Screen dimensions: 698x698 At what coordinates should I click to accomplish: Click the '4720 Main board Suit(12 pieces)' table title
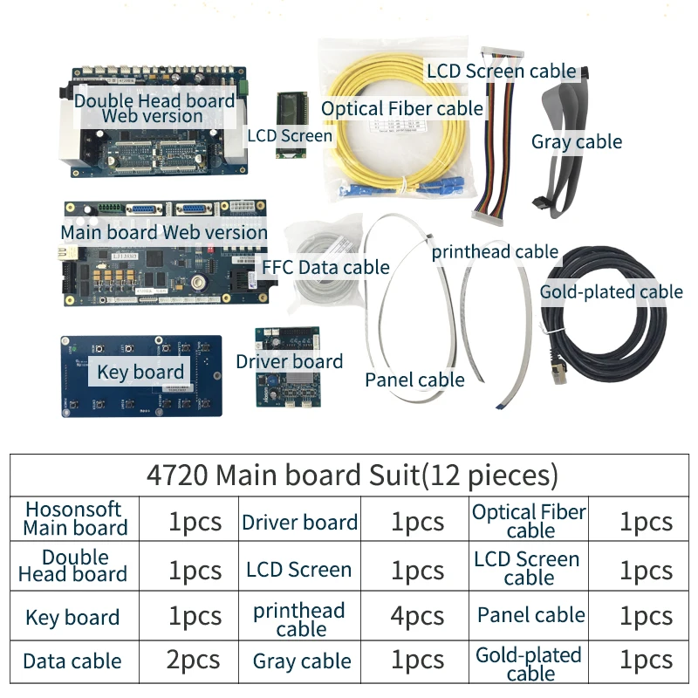click(x=351, y=476)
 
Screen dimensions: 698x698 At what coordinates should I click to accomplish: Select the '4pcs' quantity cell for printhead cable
click(x=417, y=616)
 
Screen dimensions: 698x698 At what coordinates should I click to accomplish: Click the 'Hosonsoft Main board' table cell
click(x=74, y=518)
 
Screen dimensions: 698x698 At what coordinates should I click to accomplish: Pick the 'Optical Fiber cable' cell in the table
click(x=530, y=521)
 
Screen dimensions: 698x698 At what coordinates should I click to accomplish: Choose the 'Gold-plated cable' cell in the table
click(x=530, y=663)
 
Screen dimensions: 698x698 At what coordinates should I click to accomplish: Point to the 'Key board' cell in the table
click(x=72, y=618)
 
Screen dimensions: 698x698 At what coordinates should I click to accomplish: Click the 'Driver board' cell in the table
click(x=299, y=523)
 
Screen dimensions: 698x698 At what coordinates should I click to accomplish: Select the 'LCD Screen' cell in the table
click(x=298, y=570)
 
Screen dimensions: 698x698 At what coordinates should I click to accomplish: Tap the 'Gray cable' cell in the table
click(x=302, y=662)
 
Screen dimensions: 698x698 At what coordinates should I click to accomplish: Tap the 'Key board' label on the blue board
click(x=140, y=373)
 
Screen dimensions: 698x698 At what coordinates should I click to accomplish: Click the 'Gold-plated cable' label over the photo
click(x=611, y=291)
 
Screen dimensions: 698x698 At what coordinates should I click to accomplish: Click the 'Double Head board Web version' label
click(x=154, y=107)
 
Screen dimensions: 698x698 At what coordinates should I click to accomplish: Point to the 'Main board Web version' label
click(x=164, y=232)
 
